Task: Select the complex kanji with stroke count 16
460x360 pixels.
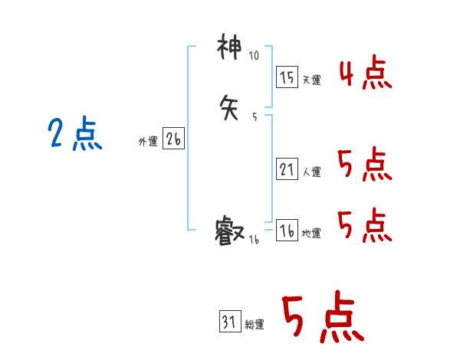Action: (230, 231)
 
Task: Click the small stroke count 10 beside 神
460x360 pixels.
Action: (254, 56)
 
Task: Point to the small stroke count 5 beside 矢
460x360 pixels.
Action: (254, 116)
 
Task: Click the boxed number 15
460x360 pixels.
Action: (286, 77)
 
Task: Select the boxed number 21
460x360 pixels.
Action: (286, 169)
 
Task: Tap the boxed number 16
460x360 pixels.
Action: (286, 231)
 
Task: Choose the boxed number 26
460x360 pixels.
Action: (172, 139)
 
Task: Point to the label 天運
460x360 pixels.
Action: (311, 80)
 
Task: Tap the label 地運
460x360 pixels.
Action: (311, 234)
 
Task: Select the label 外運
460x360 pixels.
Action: (147, 142)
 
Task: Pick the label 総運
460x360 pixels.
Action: (255, 325)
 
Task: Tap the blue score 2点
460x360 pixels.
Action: (74, 135)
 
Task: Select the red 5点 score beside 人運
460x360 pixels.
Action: (364, 164)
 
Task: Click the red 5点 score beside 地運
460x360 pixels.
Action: (364, 225)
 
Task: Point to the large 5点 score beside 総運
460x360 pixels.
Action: (321, 318)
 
